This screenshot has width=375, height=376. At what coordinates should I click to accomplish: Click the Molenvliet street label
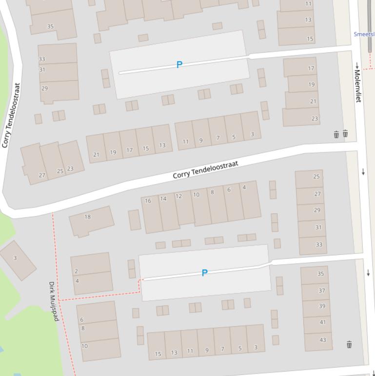click(x=358, y=86)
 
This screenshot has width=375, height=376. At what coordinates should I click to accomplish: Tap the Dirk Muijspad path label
click(x=54, y=301)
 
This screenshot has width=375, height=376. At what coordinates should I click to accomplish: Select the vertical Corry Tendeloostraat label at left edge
click(x=11, y=115)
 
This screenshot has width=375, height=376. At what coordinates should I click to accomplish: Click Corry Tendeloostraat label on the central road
click(x=205, y=169)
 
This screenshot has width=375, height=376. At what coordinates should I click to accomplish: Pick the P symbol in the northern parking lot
click(x=179, y=64)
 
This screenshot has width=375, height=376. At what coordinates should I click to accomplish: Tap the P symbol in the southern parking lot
click(x=204, y=273)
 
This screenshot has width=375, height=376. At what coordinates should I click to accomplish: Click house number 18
click(x=88, y=217)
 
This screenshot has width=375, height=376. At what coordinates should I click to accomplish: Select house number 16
click(x=148, y=201)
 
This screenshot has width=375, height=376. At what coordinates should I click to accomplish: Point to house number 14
click(x=163, y=198)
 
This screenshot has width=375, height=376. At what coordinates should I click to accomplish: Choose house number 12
click(x=178, y=196)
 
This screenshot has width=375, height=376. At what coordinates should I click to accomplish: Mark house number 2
click(x=77, y=271)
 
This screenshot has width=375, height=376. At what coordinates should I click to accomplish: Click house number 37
click(x=322, y=291)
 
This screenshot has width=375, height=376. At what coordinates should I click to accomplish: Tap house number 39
click(x=322, y=306)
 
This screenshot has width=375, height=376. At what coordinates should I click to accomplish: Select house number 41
click(x=322, y=322)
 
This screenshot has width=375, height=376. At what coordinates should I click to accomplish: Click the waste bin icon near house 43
click(x=349, y=345)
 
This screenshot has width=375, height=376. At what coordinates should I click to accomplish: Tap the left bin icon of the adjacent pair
click(x=336, y=134)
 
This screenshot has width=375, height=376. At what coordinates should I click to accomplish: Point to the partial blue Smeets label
click(x=364, y=34)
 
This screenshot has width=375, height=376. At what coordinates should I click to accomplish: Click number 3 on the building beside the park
click(x=15, y=258)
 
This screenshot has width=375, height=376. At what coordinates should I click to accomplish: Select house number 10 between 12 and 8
click(x=196, y=194)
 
